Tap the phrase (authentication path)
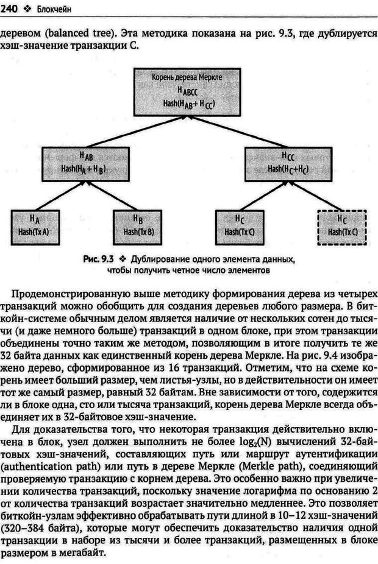tap(48, 468)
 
